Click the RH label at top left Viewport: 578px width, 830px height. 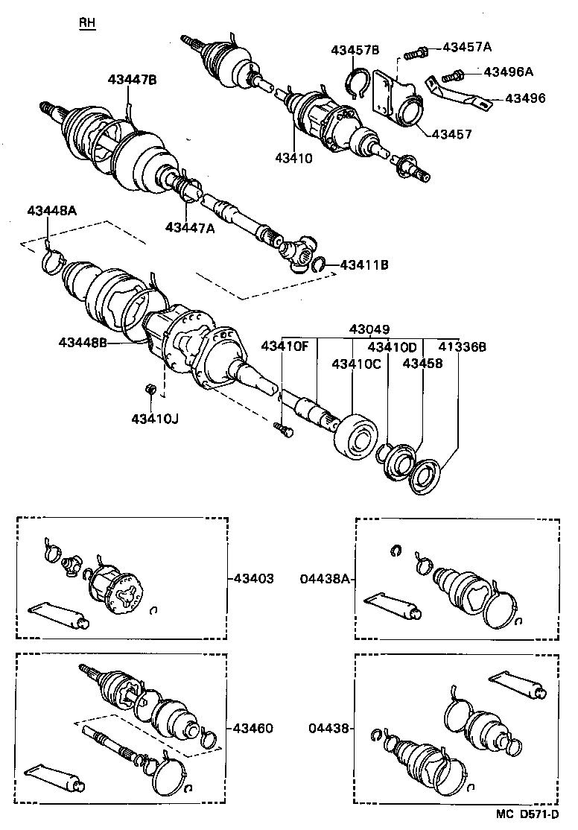tap(87, 23)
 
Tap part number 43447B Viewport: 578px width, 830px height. tap(132, 80)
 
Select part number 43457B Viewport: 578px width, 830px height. tap(355, 50)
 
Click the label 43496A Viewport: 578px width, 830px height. tap(509, 72)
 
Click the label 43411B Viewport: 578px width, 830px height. tap(365, 264)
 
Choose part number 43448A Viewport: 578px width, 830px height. tap(52, 210)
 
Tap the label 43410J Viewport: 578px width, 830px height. tap(156, 418)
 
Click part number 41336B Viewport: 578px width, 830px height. tap(462, 346)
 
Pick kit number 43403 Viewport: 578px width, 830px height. tap(253, 577)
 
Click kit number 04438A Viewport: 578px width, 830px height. tap(325, 577)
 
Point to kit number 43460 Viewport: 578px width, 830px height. tap(253, 728)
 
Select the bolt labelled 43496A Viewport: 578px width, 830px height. tap(452, 75)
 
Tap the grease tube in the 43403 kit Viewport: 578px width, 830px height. tap(58, 614)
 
